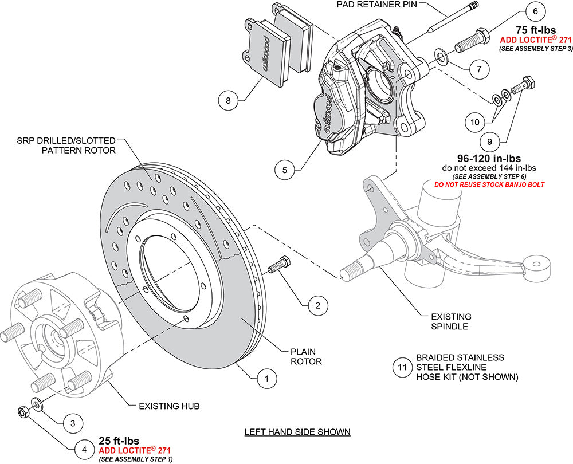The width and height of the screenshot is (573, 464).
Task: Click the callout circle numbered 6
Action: pos(535,11)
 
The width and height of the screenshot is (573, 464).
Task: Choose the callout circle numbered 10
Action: pos(475,121)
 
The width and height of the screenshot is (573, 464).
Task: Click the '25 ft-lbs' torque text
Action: pos(123,441)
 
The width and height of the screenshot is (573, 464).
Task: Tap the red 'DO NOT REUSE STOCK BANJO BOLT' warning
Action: pos(488,185)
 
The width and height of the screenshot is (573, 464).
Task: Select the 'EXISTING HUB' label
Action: pos(169,406)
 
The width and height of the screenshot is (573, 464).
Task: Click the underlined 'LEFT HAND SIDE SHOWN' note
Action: pos(297,431)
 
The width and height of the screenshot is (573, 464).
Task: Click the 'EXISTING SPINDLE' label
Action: pos(452,321)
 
